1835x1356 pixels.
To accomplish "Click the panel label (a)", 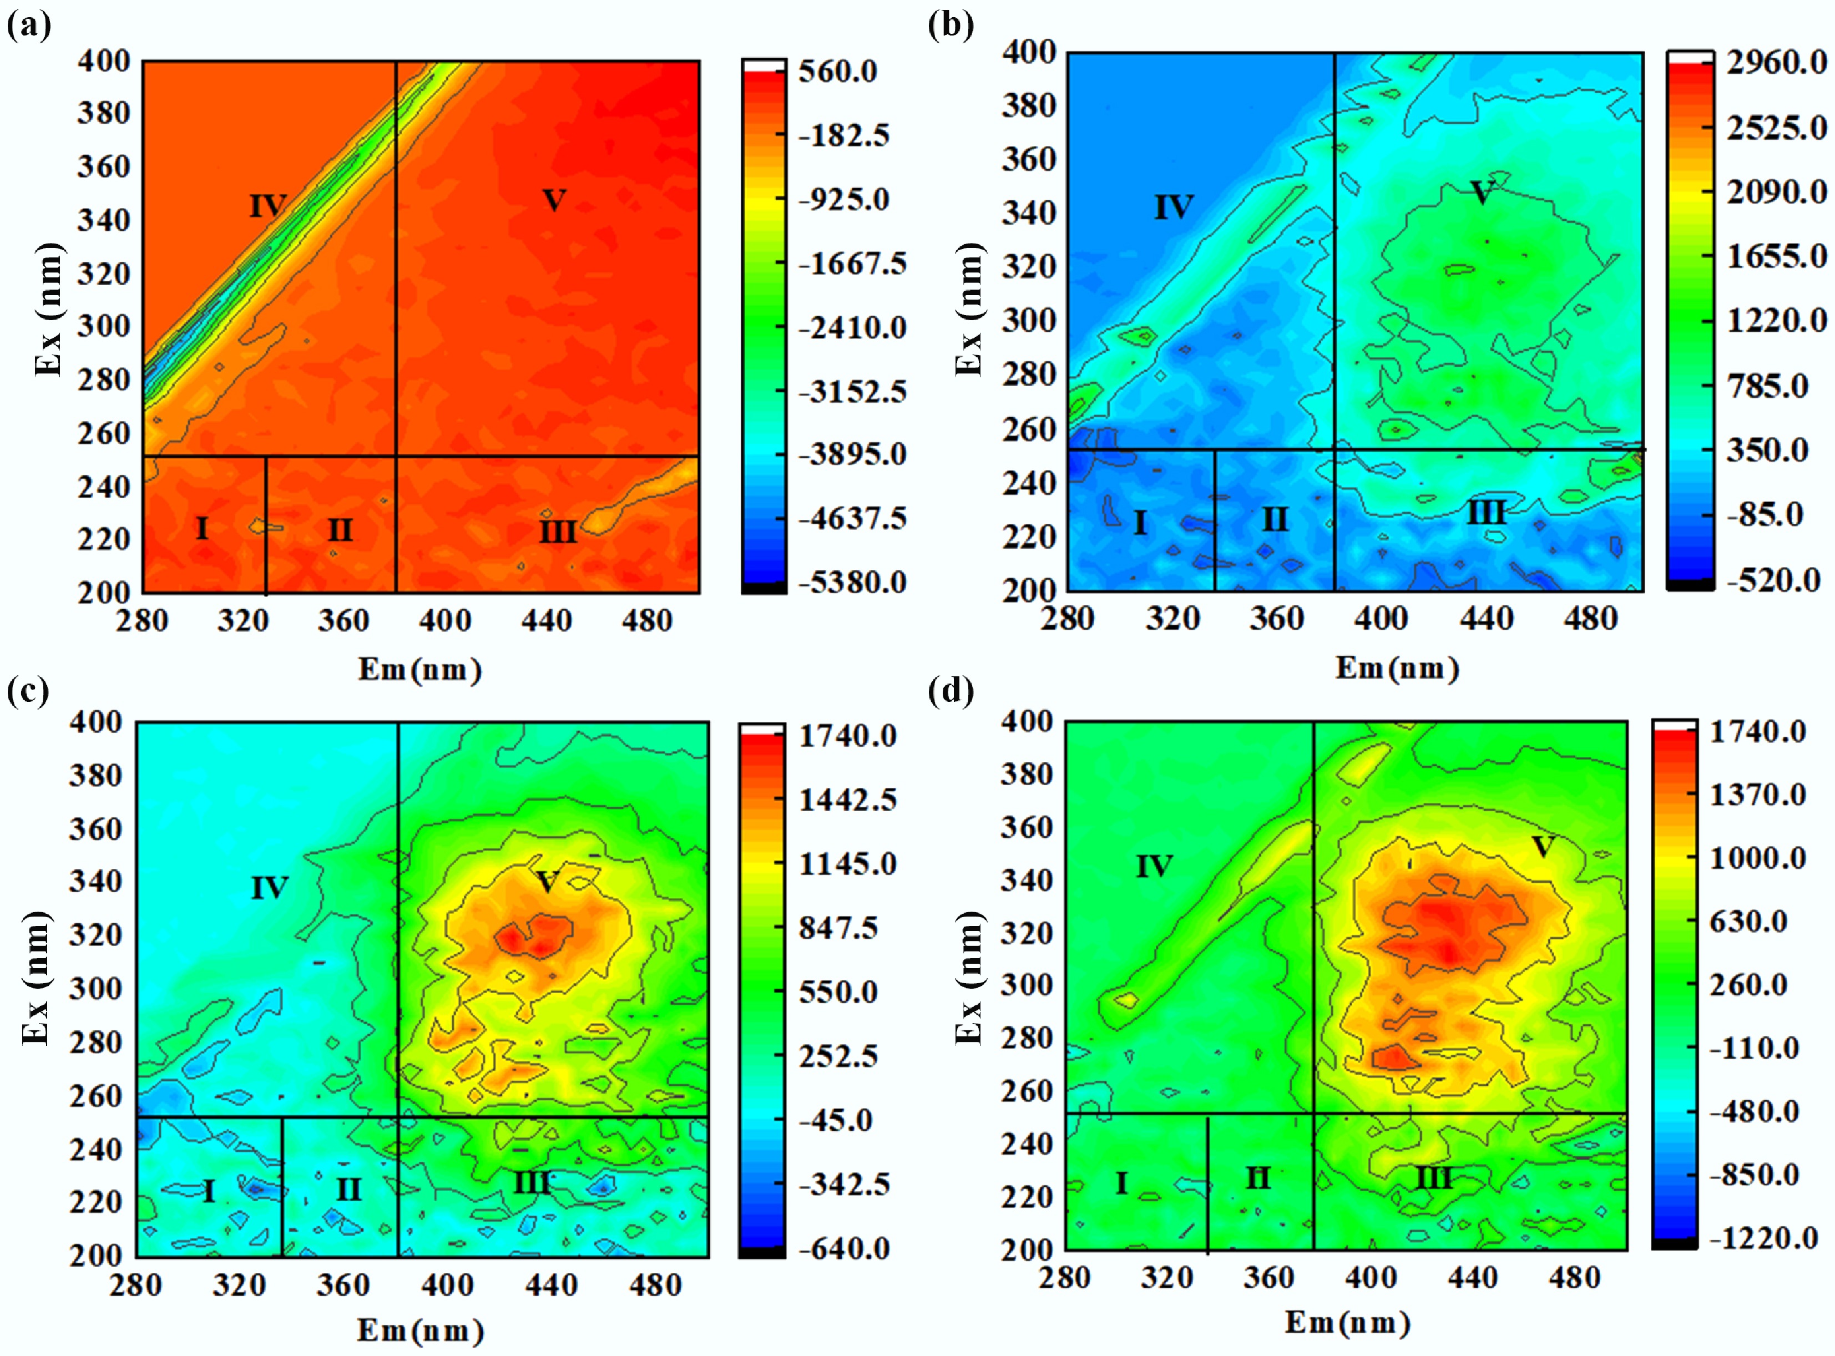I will pyautogui.click(x=29, y=27).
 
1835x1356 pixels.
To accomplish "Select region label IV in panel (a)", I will pyautogui.click(x=267, y=205).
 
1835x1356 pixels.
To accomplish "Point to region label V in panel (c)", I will pyautogui.click(x=547, y=882).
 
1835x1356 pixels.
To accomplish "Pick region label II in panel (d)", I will pyautogui.click(x=1257, y=1178).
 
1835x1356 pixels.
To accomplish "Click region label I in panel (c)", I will pyautogui.click(x=209, y=1190).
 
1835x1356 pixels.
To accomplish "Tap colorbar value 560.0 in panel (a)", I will pyautogui.click(x=838, y=72).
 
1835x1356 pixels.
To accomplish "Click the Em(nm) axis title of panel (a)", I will pyautogui.click(x=419, y=670).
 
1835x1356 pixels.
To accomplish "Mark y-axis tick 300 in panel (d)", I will pyautogui.click(x=1026, y=985).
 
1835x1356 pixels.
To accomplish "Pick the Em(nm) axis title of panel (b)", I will pyautogui.click(x=1397, y=668).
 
